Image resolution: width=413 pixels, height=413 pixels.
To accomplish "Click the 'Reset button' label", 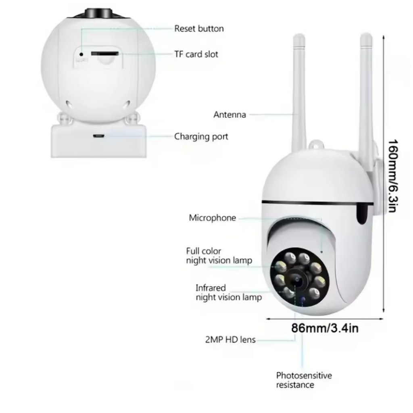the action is [199, 29].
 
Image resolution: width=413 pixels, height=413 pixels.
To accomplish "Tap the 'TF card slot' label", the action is [196, 54].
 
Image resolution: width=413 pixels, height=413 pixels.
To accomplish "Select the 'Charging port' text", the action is [201, 137].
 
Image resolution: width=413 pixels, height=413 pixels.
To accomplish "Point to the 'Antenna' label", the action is [229, 115].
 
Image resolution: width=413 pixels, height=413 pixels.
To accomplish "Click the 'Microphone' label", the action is [212, 218].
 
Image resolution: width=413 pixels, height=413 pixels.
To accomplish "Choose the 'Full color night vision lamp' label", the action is [219, 255].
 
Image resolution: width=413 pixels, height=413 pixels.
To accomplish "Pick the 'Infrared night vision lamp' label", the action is [229, 292].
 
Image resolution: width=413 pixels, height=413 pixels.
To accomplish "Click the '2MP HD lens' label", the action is [230, 340].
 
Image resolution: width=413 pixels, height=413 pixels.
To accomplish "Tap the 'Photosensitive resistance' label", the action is [304, 380].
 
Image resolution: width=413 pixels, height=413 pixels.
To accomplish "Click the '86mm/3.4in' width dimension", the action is [325, 328].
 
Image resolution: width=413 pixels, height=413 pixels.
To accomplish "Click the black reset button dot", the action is [81, 54].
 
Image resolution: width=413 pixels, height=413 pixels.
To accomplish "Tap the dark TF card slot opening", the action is [104, 54].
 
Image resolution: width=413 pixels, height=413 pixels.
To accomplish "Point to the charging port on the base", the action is [98, 136].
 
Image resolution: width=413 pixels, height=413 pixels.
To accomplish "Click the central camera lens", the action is [297, 280].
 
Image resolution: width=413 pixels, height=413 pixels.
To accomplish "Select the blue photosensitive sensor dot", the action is [302, 299].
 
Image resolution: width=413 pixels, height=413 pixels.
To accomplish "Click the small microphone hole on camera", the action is [321, 252].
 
